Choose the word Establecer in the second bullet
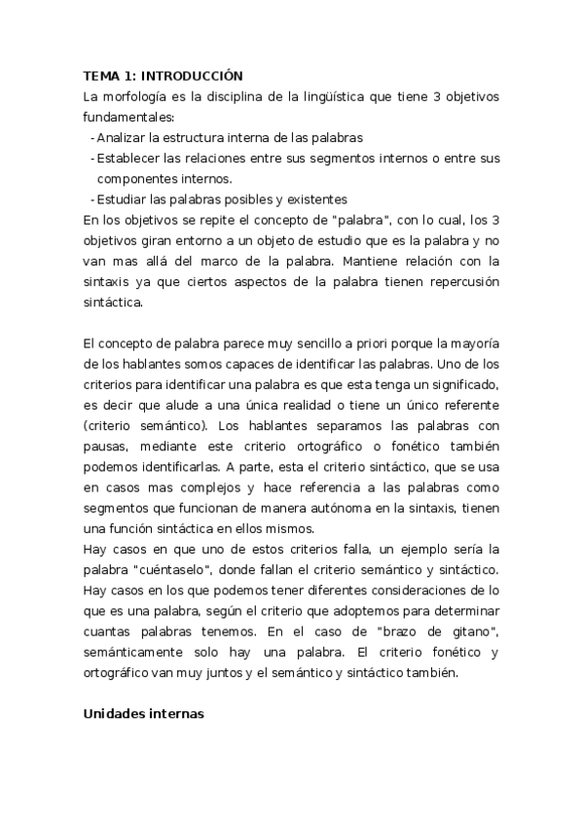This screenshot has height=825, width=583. coord(128,159)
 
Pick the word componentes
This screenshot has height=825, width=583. coord(136,179)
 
